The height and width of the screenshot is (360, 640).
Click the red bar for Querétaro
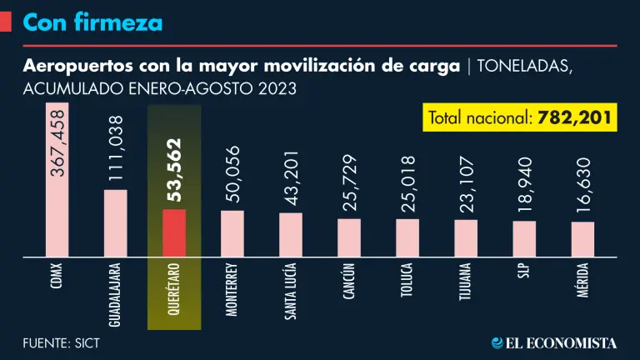tap(174, 232)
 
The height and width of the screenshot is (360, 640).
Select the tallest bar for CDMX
tap(57, 179)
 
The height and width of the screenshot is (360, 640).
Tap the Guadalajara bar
tap(116, 222)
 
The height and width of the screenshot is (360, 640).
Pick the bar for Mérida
tap(582, 238)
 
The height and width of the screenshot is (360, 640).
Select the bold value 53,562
tap(174, 171)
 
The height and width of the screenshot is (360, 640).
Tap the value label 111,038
tap(116, 148)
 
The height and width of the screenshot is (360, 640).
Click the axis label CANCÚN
tap(348, 287)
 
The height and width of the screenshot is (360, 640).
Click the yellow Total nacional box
tap(520, 117)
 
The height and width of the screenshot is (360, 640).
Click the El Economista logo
tap(553, 342)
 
